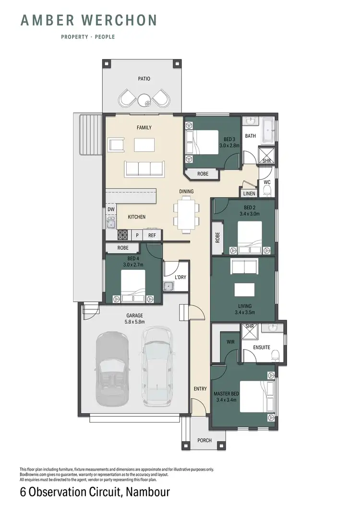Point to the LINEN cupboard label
(249, 194)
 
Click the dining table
(186, 214)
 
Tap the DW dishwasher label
(111, 209)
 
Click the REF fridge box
(152, 235)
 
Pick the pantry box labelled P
(137, 235)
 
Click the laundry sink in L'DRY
(168, 287)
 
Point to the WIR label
(230, 342)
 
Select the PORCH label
(204, 440)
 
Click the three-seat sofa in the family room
(144, 169)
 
